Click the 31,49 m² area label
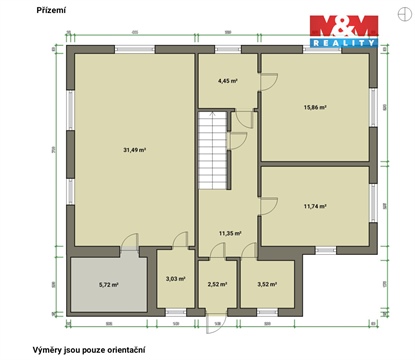coord(135,150)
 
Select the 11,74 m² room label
coord(316,207)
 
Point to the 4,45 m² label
coord(228,81)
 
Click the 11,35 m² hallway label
coord(231,234)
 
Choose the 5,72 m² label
coord(109,285)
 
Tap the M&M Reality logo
coord(342,31)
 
